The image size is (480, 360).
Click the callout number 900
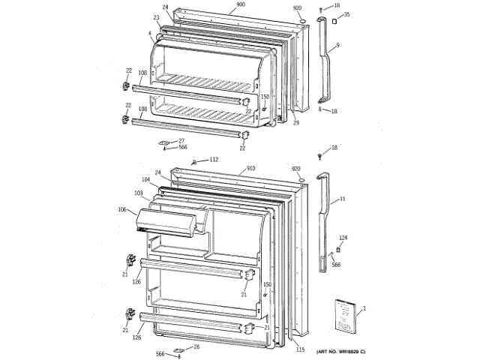(241, 4)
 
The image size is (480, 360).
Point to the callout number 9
(337, 46)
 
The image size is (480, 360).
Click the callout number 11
(342, 199)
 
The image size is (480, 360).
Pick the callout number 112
(214, 160)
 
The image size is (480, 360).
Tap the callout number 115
(301, 350)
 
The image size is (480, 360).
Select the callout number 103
(139, 193)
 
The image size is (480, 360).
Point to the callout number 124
(343, 238)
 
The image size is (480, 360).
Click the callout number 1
(364, 309)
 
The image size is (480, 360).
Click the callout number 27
(181, 141)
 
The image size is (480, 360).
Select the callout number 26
(196, 346)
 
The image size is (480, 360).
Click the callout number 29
(296, 122)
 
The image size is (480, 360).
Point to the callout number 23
(156, 17)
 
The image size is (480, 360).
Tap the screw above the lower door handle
(320, 157)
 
